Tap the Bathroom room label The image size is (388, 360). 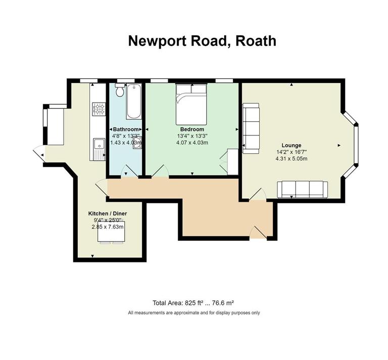pyautogui.click(x=125, y=129)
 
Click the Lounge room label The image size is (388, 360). pyautogui.click(x=292, y=146)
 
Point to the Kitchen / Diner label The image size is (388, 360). pyautogui.click(x=108, y=214)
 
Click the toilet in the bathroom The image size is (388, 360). pyautogui.click(x=119, y=91)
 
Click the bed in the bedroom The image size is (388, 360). pyautogui.click(x=191, y=103)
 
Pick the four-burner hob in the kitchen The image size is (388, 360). pyautogui.click(x=99, y=109)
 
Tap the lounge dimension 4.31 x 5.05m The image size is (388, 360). pyautogui.click(x=292, y=159)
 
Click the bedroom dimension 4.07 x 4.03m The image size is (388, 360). pyautogui.click(x=192, y=142)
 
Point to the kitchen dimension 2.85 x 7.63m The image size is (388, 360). pyautogui.click(x=108, y=227)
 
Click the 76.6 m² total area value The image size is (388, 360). pyautogui.click(x=223, y=303)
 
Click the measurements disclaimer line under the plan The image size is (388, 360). pyautogui.click(x=194, y=313)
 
